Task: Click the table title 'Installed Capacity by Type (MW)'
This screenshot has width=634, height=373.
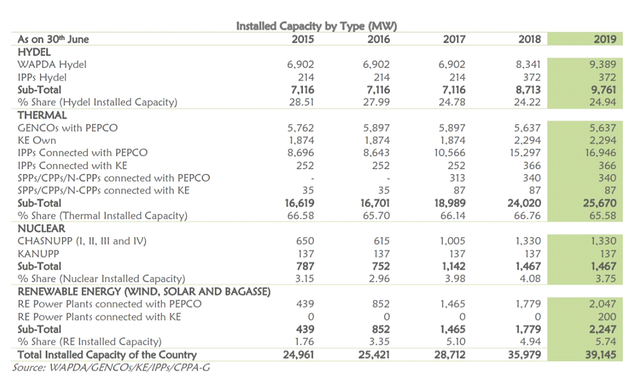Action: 316,26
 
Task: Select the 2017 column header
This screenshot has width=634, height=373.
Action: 454,39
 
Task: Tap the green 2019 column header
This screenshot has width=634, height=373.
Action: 605,39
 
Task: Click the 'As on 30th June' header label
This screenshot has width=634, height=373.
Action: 53,39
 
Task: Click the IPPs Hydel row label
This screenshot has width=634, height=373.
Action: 42,77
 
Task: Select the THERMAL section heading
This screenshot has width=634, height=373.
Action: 42,115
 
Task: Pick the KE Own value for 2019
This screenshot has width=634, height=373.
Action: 603,140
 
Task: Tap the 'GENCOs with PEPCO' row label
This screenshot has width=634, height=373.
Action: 67,128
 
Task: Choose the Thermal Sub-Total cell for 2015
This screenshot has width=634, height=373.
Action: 299,203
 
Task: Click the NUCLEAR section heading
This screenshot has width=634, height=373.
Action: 41,228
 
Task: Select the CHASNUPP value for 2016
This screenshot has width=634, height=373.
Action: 382,241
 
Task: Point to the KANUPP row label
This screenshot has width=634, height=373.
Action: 38,253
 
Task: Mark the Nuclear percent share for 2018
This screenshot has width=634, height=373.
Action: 530,279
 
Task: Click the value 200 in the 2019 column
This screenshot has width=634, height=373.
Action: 607,317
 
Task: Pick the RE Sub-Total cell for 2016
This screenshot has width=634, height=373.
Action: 381,329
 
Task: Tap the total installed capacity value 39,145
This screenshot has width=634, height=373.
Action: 601,355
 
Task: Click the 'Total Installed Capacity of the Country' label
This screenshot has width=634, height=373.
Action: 107,355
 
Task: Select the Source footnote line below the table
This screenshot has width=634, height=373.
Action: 111,367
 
